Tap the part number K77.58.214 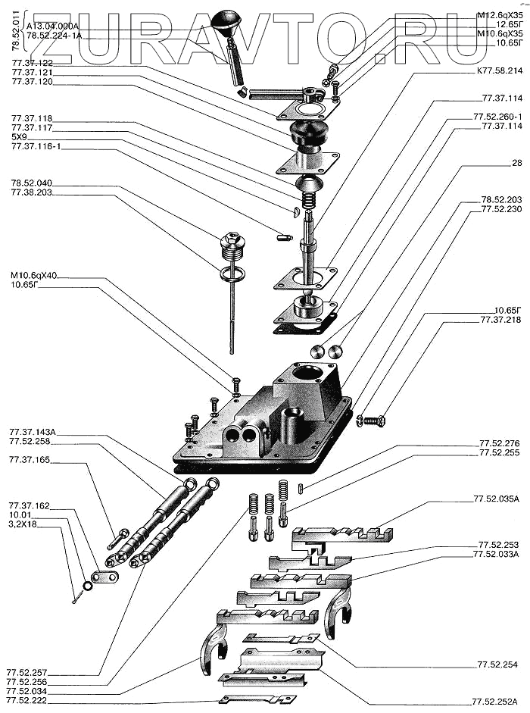click(x=500, y=70)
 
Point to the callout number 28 click(x=517, y=163)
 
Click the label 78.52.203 click(x=502, y=200)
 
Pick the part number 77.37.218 click(x=501, y=320)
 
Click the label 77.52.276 click(x=500, y=443)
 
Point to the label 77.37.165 click(x=30, y=460)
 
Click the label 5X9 click(x=20, y=138)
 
